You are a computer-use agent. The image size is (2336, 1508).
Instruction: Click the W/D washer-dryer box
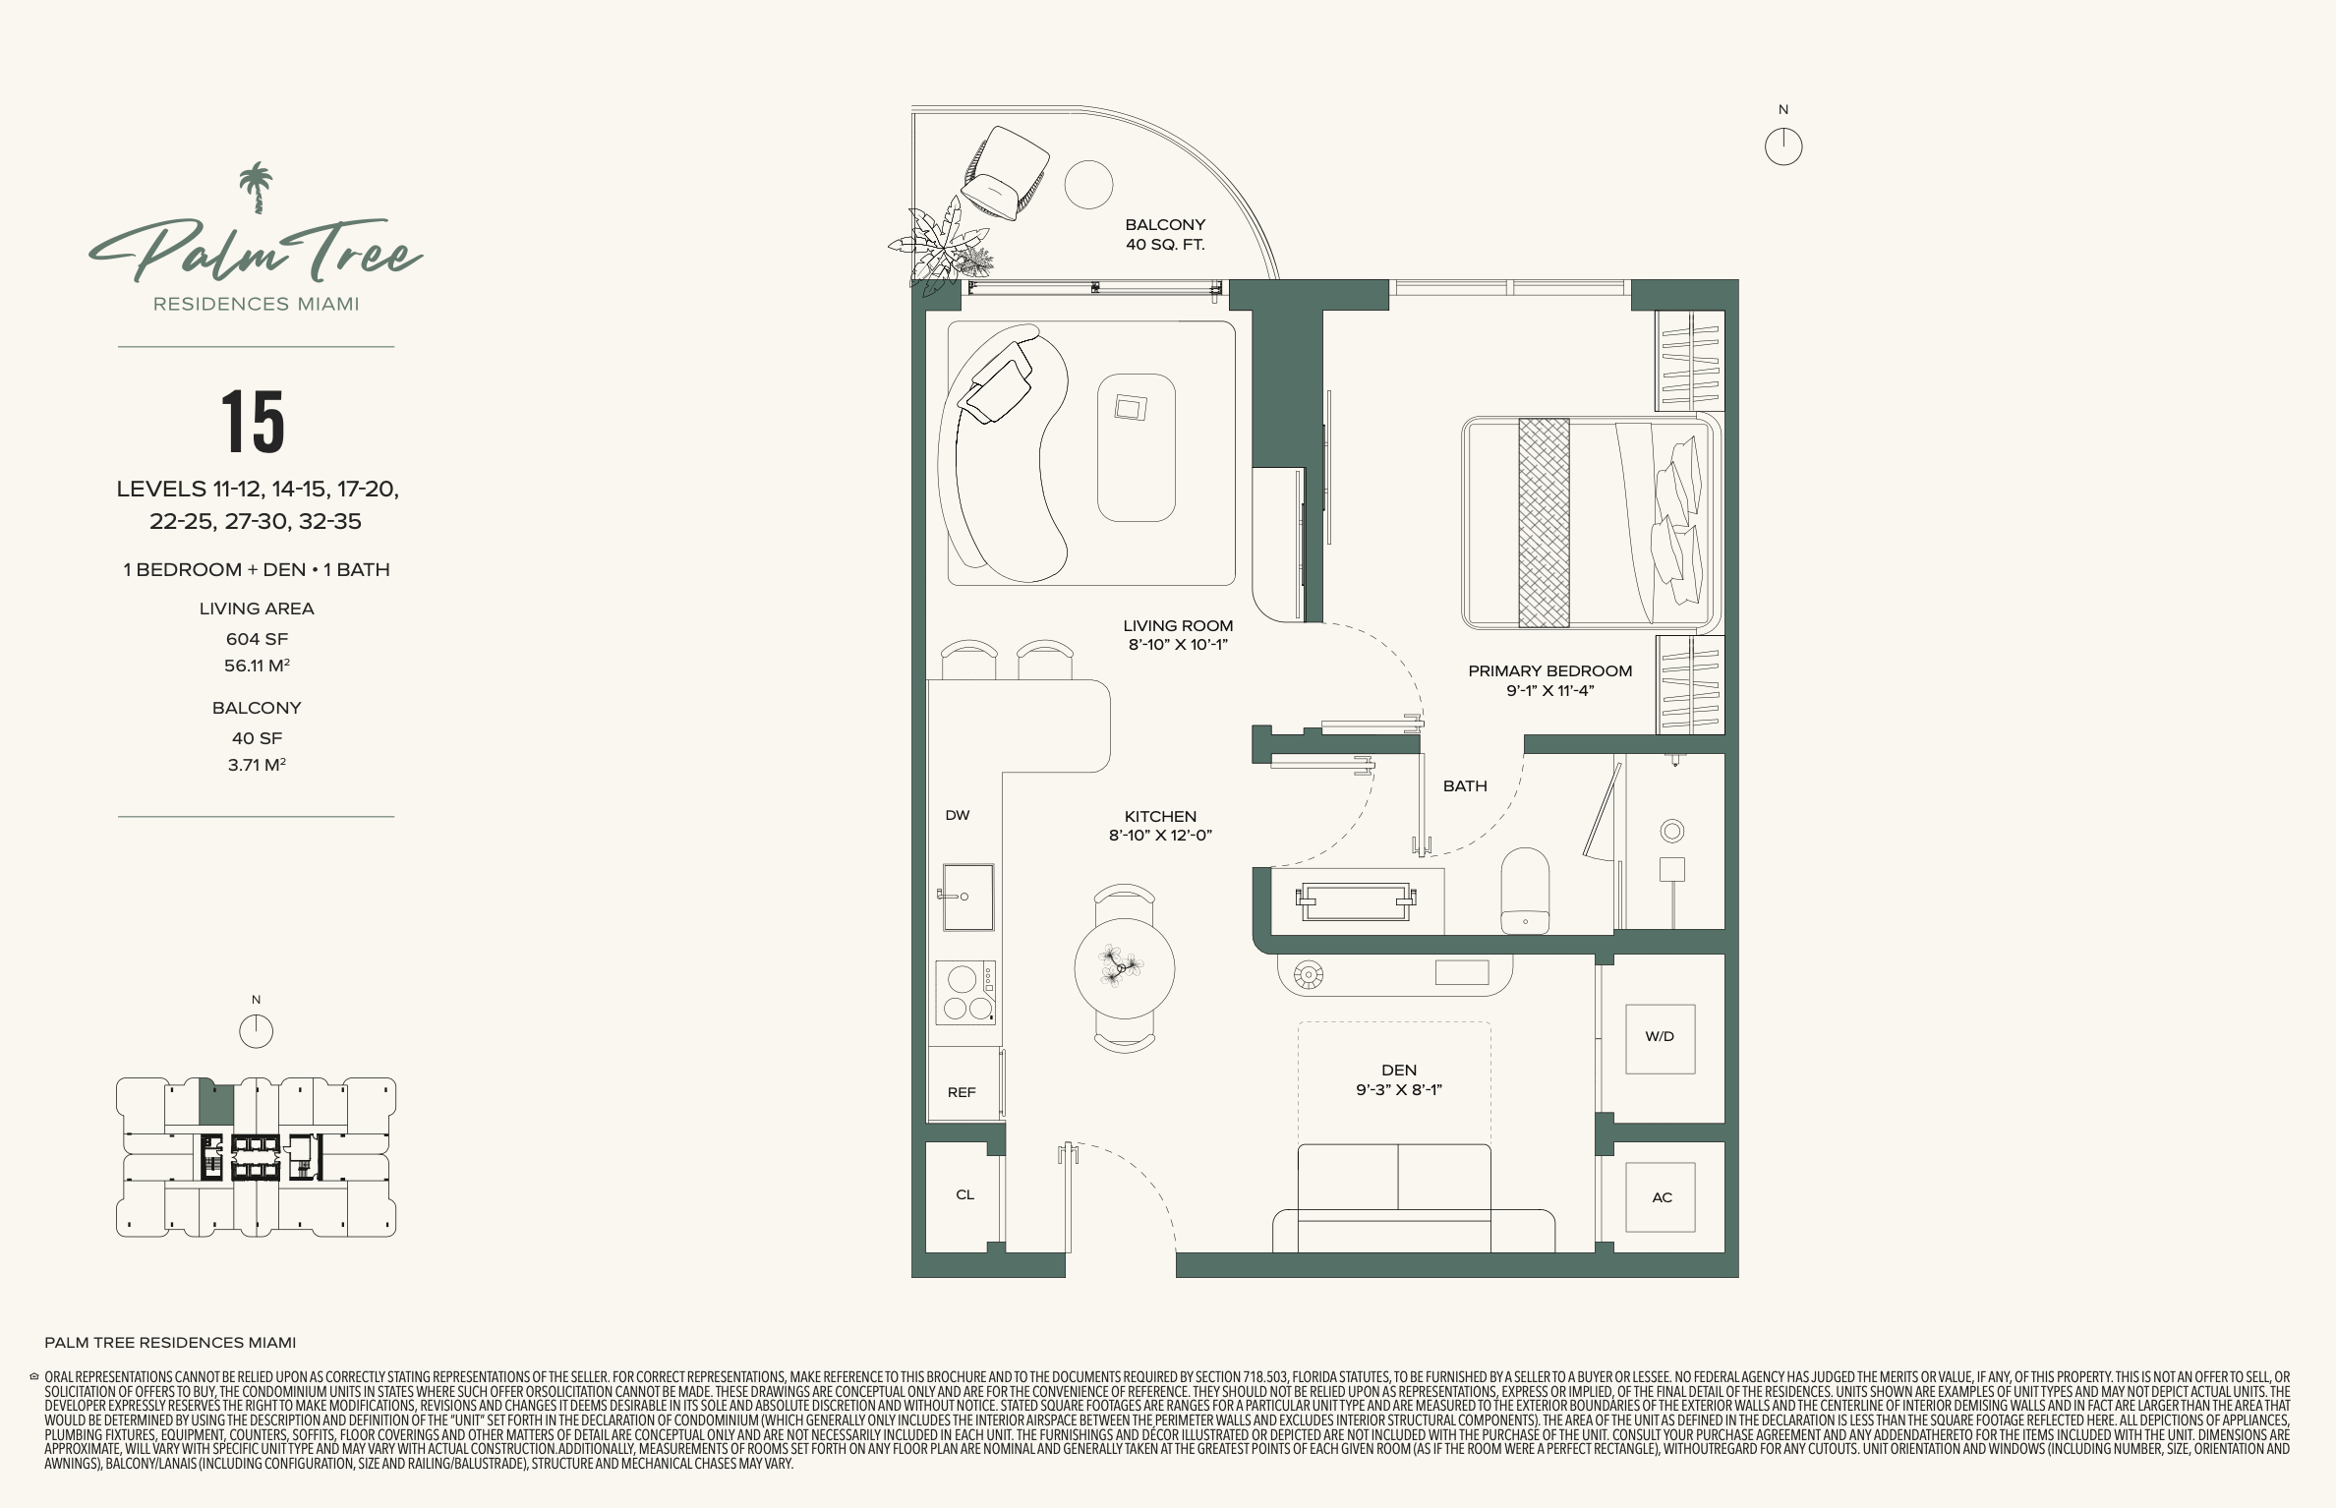1660,1038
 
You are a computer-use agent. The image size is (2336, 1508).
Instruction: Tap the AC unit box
1661,1197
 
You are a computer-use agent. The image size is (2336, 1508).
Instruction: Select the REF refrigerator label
962,1092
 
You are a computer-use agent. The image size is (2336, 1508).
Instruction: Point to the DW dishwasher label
958,815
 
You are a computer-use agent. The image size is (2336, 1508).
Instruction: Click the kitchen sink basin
967,897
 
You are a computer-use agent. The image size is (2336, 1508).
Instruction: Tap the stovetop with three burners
964,992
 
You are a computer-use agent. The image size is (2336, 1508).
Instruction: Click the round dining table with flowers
1125,967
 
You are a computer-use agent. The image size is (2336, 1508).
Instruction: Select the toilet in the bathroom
1525,891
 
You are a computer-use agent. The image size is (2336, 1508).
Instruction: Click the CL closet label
965,1194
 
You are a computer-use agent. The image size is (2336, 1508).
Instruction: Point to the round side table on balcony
1088,185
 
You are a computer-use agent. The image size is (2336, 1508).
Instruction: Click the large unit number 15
254,422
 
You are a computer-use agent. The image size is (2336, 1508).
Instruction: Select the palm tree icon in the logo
257,188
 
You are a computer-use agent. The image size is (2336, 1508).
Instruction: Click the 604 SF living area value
257,639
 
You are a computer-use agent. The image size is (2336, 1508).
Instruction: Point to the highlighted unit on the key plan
216,1103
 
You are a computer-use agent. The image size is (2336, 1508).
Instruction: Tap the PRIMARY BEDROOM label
1550,671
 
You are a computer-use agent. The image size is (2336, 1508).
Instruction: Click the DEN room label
1399,1071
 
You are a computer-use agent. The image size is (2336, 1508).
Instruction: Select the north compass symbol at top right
1783,146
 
